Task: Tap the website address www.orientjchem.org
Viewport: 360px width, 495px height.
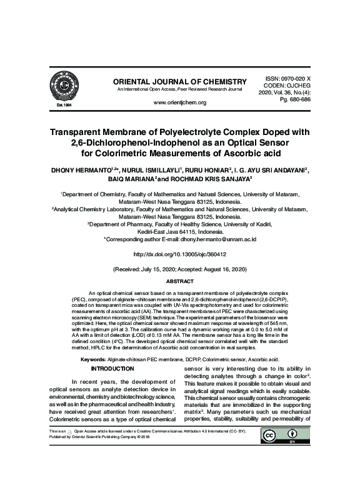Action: click(179, 102)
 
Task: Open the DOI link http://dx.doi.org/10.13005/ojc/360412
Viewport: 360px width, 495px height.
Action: click(179, 254)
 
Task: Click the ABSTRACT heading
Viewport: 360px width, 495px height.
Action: click(179, 282)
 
